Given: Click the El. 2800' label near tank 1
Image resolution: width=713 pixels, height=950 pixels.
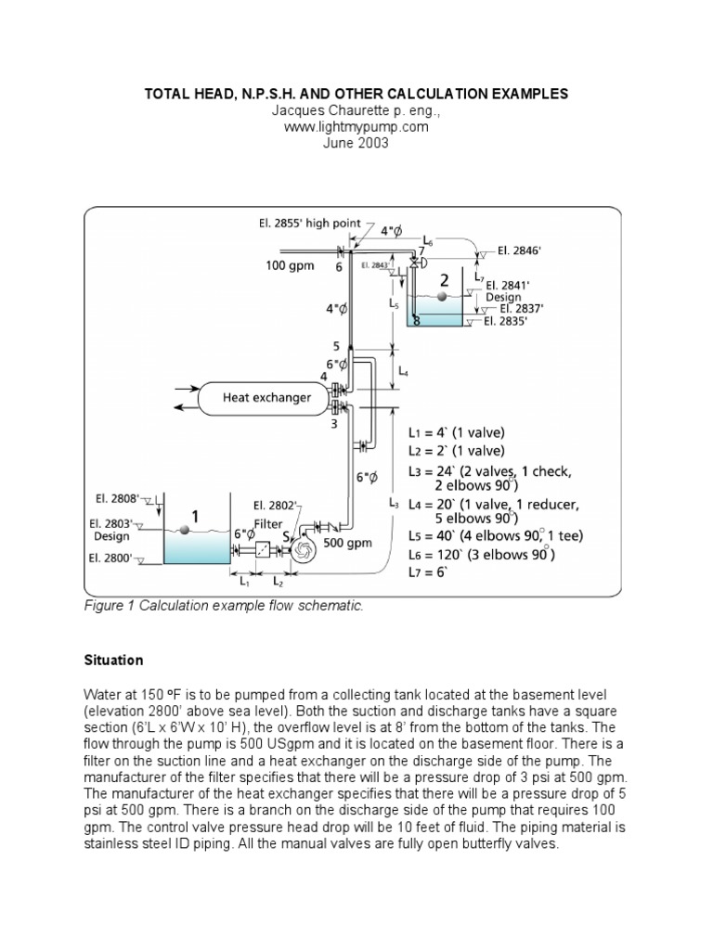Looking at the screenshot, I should pos(116,558).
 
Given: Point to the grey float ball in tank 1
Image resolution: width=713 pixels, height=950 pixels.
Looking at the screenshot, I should pos(186,528).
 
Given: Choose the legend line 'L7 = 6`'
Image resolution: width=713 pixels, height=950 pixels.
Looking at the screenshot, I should pos(428,572).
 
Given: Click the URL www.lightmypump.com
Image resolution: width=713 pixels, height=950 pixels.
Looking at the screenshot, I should pos(356,127).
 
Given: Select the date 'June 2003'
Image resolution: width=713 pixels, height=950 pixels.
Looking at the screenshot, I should pos(356,144).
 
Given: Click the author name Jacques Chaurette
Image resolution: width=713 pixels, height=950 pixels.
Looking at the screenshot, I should pos(356,111).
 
